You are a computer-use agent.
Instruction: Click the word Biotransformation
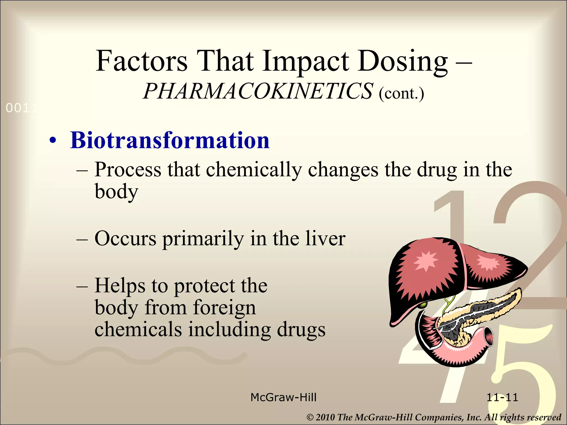(170, 141)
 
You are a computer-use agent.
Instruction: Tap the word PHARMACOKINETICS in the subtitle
(258, 91)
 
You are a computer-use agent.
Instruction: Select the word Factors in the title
(141, 61)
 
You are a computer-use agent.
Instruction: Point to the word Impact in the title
(306, 62)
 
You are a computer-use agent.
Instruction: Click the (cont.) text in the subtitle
(401, 94)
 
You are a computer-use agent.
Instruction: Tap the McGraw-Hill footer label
(283, 398)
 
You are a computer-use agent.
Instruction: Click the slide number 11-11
(502, 398)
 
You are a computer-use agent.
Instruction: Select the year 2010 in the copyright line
(325, 417)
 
